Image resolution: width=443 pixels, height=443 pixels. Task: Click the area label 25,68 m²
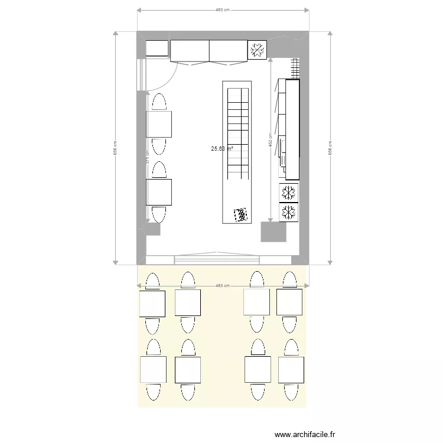pos(221,149)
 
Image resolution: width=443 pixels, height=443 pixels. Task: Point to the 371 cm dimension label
pos(148,158)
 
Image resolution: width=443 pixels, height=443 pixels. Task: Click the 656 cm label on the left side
pos(115,148)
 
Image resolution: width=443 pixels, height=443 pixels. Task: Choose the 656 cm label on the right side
pos(330,148)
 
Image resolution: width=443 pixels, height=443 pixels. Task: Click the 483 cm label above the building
pos(223,10)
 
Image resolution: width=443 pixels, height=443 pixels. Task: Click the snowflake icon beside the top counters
pos(257,50)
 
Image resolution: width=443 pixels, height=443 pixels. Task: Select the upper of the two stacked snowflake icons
pos(288,193)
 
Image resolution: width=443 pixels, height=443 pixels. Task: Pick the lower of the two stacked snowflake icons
pos(288,212)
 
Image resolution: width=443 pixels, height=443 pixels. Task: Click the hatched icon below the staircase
pos(240,216)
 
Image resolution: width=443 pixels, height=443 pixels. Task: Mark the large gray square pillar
pos(273,231)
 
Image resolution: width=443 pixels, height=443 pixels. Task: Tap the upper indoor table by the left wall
pos(159,124)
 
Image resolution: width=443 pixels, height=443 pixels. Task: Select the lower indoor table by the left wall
pos(159,192)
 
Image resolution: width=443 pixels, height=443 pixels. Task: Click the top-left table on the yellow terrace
pos(152,303)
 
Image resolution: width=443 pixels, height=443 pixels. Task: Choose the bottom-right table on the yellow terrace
pos(291,370)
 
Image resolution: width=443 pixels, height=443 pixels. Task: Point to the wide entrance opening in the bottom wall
pos(216,259)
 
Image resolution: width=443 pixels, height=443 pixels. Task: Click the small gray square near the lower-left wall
pos(153,229)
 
